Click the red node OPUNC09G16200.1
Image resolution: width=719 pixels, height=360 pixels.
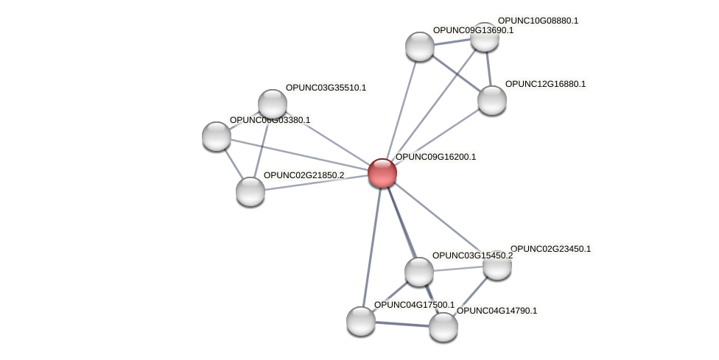[x=382, y=173]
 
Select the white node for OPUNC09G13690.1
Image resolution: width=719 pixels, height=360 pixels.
[x=420, y=46]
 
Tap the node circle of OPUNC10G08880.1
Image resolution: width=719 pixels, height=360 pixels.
[x=485, y=37]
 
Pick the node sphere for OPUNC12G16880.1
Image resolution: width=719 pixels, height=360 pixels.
[x=492, y=100]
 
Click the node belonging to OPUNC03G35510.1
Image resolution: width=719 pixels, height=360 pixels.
[x=273, y=104]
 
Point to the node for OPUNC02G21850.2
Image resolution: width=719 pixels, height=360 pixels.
[x=250, y=191]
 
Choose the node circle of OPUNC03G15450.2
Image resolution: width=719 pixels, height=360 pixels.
[x=419, y=272]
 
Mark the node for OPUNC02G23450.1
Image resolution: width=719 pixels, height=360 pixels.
[x=497, y=265]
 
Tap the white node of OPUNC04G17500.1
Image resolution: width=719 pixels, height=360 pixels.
[x=361, y=320]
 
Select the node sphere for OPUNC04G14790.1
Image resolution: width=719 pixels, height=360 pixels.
[x=443, y=327]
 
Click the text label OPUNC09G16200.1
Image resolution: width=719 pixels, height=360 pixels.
[x=435, y=157]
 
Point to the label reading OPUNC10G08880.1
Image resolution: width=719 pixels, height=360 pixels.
[x=538, y=21]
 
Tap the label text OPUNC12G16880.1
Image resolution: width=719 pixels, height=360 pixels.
[x=545, y=84]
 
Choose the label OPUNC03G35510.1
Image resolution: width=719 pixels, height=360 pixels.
[x=326, y=88]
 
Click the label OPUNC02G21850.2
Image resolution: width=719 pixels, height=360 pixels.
[x=304, y=175]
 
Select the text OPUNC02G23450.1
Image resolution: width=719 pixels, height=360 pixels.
[x=550, y=249]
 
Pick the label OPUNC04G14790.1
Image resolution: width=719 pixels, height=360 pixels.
[x=497, y=311]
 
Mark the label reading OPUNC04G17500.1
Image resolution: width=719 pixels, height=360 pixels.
[x=414, y=305]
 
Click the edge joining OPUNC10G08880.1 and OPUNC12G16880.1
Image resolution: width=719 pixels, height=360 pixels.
[x=488, y=68]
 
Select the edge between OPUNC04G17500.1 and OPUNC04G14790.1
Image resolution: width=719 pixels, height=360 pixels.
[x=402, y=323]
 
